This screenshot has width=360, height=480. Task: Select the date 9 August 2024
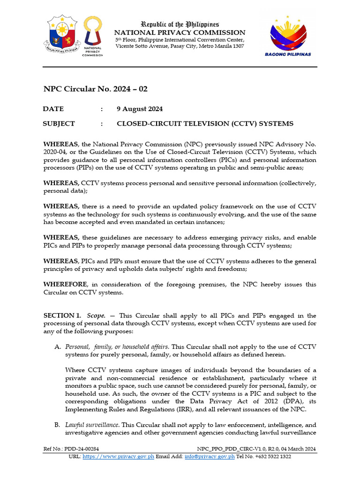(x=140, y=109)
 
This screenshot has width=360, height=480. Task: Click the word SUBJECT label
(x=59, y=124)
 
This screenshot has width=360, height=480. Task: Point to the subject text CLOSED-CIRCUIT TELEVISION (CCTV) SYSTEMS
(x=205, y=124)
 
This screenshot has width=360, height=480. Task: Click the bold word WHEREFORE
(x=65, y=285)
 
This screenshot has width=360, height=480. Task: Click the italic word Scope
(x=96, y=315)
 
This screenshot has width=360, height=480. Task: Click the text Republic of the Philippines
(x=180, y=24)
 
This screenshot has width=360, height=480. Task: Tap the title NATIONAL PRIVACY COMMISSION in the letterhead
(x=180, y=32)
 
